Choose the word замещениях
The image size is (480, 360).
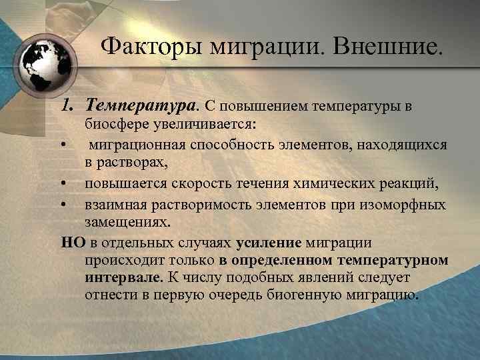[123, 222]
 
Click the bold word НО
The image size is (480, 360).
[70, 241]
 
